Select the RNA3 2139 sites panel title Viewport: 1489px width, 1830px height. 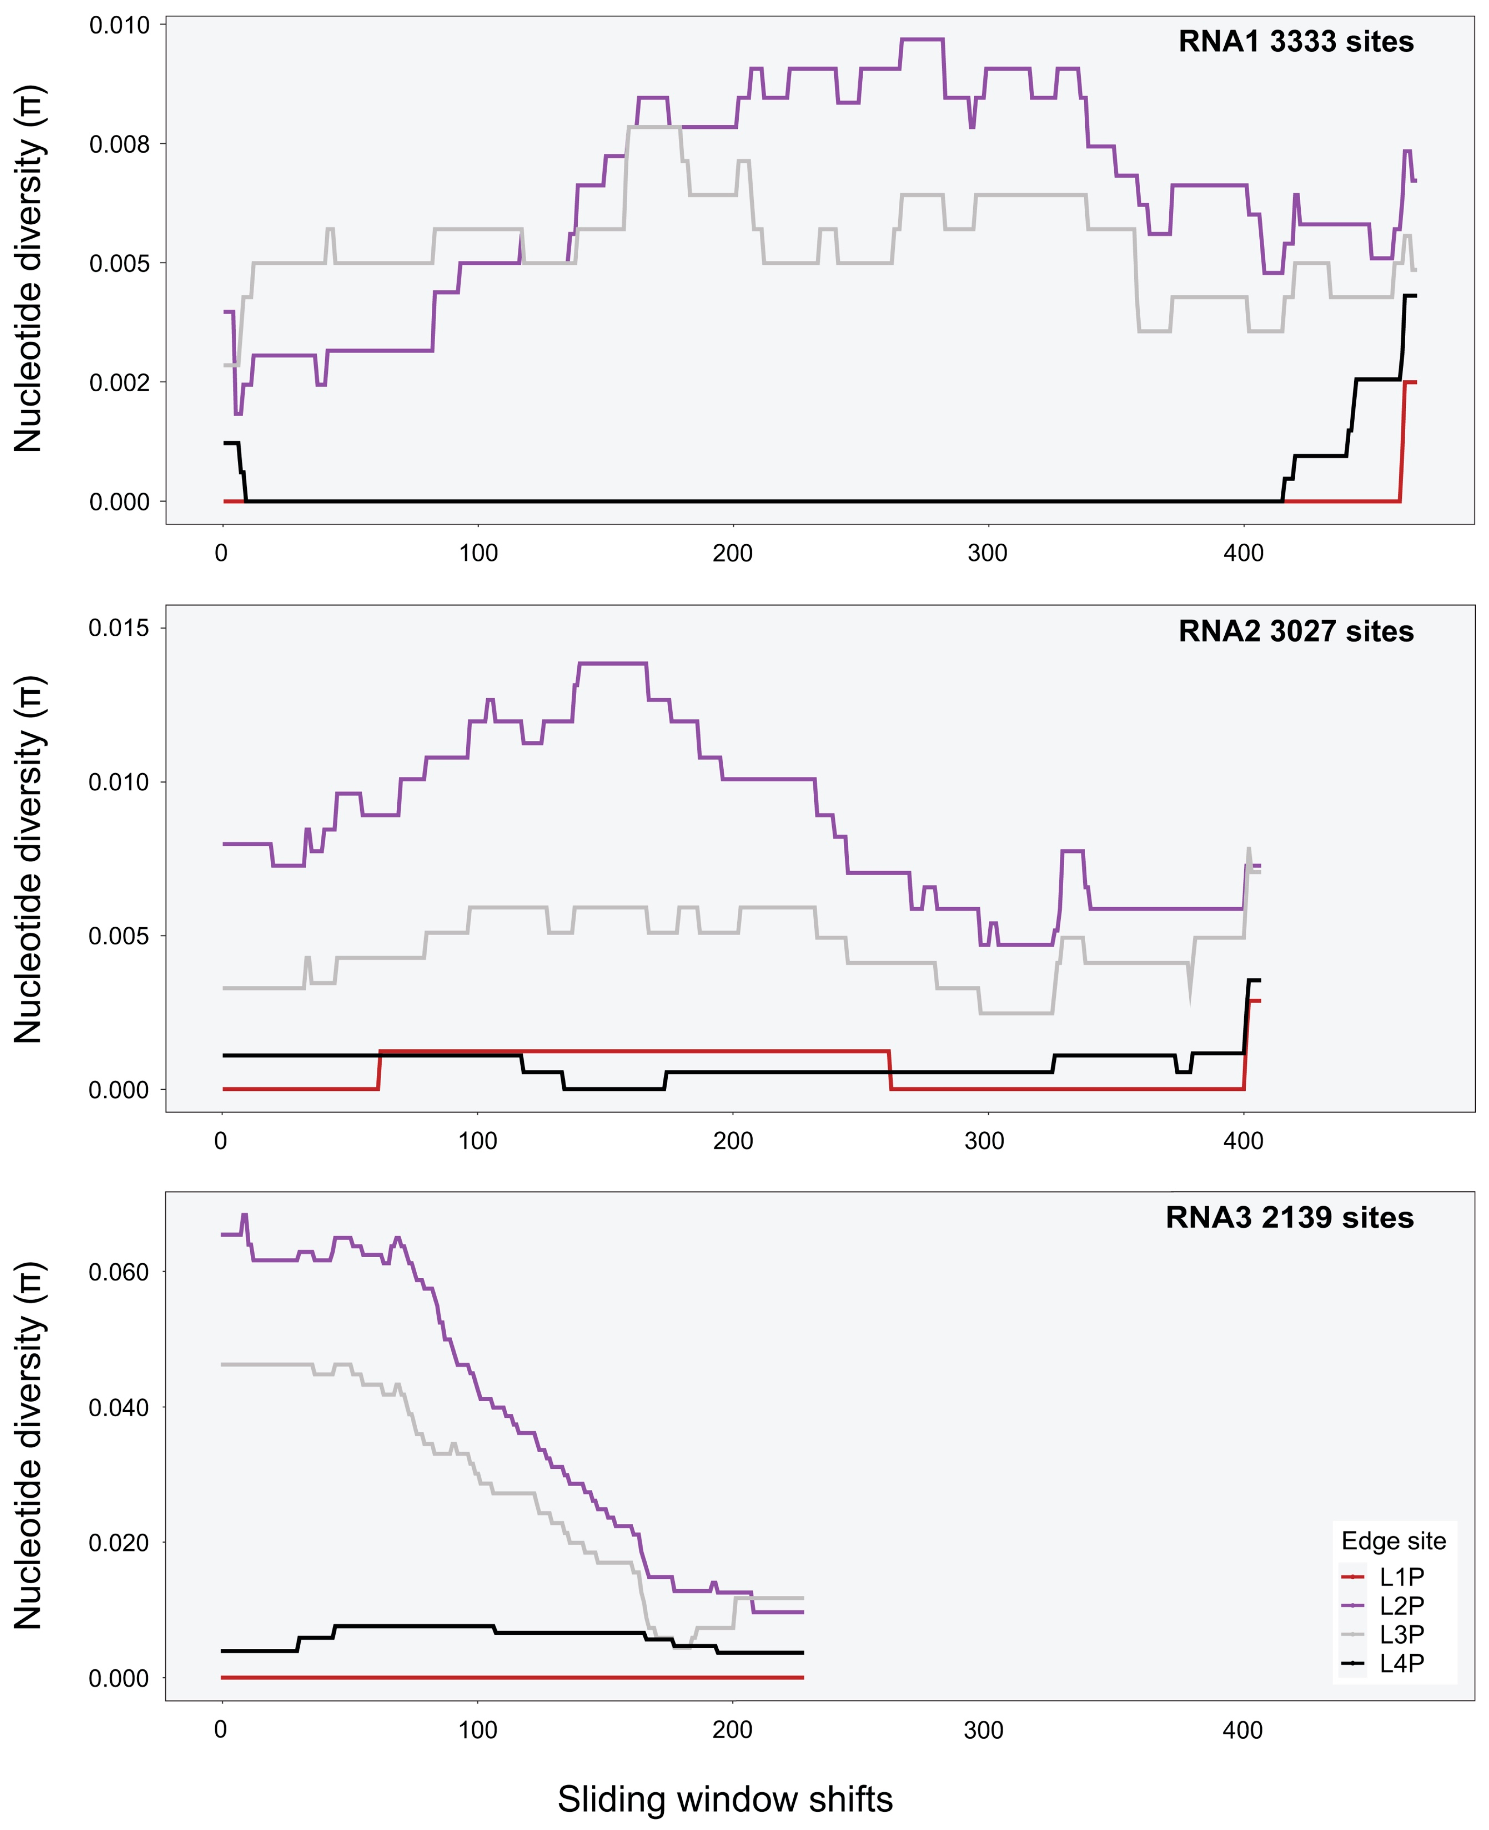pyautogui.click(x=1289, y=1218)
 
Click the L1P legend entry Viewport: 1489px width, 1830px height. pyautogui.click(x=1401, y=1576)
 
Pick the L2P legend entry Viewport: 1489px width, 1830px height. pyautogui.click(x=1401, y=1605)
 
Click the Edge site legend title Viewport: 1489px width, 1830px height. pyautogui.click(x=1393, y=1541)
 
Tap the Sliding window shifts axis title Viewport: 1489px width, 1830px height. pyautogui.click(x=725, y=1799)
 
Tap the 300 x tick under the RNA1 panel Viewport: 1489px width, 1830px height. pyautogui.click(x=987, y=553)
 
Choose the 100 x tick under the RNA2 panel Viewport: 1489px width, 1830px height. pyautogui.click(x=478, y=1141)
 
